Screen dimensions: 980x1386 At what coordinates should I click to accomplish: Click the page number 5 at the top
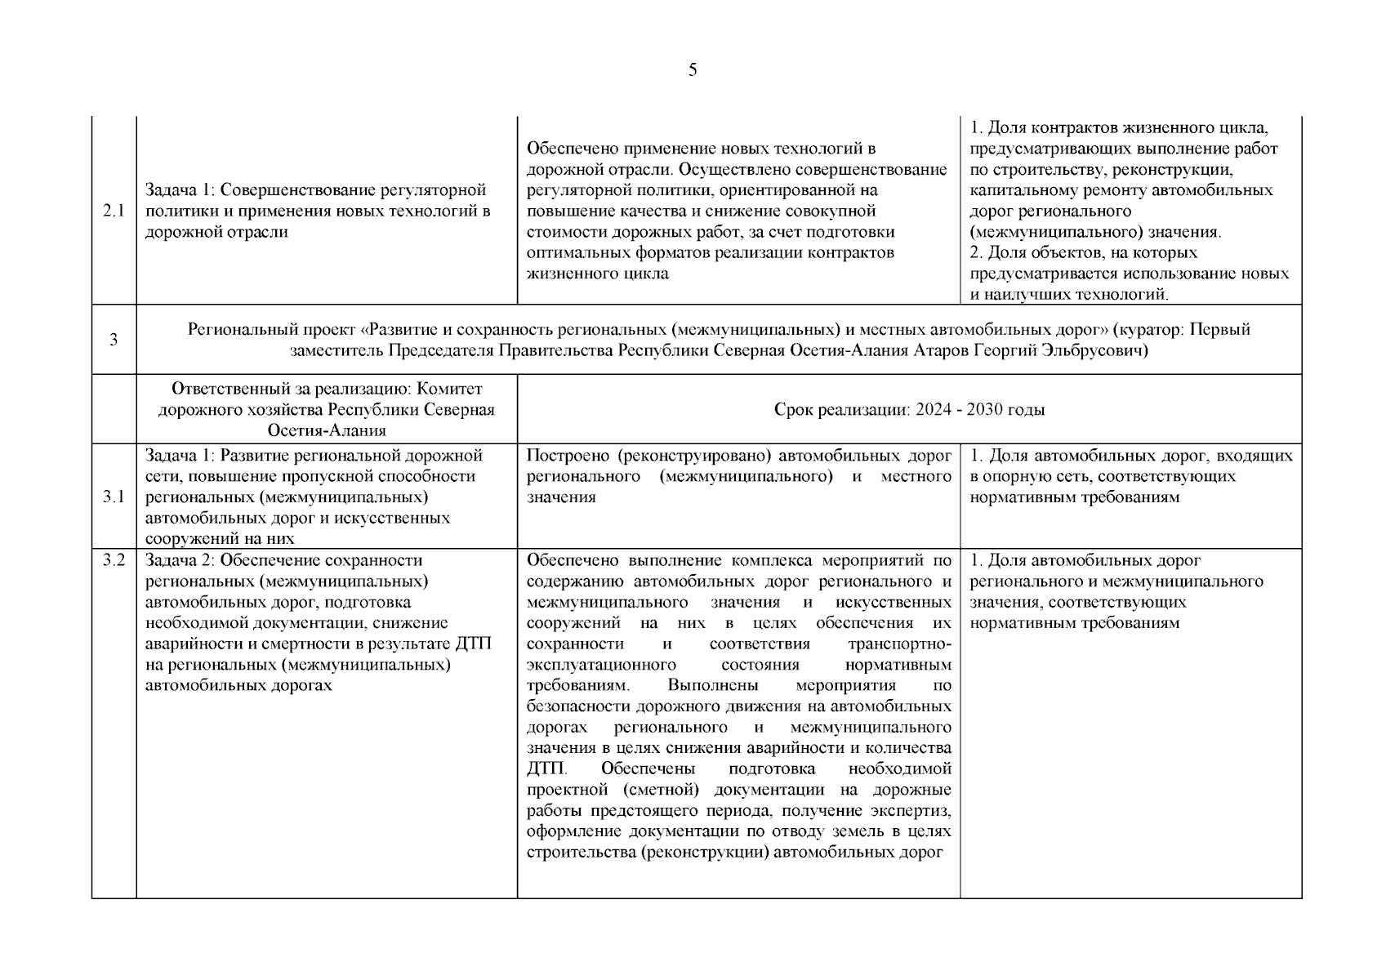pos(693,70)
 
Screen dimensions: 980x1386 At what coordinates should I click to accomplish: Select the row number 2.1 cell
pos(114,211)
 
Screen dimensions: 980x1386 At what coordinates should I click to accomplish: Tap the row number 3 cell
pos(114,340)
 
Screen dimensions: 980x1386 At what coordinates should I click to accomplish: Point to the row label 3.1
pos(114,497)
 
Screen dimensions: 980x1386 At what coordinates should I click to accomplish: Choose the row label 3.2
pos(114,560)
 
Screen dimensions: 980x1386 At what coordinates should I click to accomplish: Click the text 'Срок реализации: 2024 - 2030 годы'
pos(909,409)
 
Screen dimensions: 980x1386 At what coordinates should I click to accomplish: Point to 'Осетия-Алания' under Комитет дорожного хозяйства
pos(326,430)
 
